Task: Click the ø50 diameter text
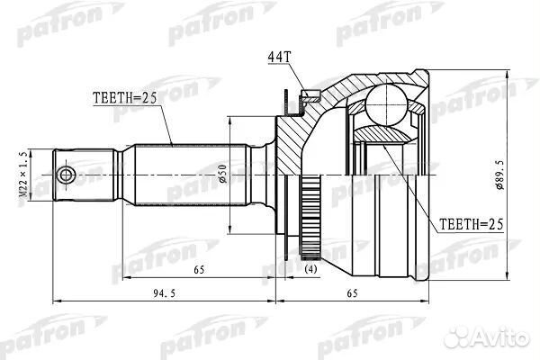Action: click(x=220, y=171)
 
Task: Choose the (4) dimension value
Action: click(x=310, y=268)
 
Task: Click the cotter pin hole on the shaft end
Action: click(x=65, y=174)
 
